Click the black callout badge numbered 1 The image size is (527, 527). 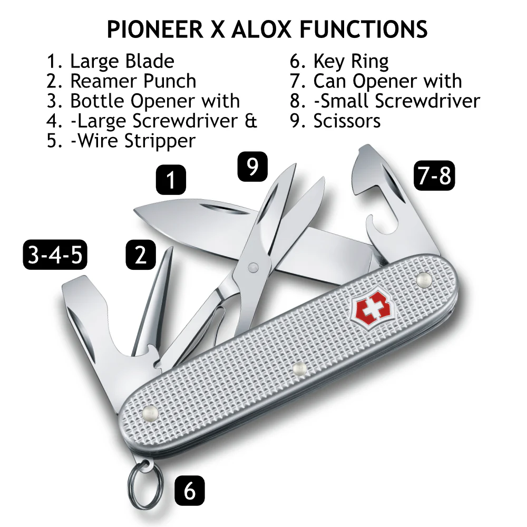[x=171, y=180]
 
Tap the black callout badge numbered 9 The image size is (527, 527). [x=252, y=167]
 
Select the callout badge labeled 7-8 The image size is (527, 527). [x=434, y=176]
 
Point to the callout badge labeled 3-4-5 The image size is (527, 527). [x=55, y=255]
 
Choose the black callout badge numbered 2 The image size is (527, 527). [x=141, y=255]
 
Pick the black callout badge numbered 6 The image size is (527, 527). [x=190, y=491]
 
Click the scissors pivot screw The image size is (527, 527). [x=253, y=268]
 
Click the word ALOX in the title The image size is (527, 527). [x=261, y=29]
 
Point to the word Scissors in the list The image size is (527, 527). [x=347, y=121]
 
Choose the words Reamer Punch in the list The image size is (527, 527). [x=133, y=81]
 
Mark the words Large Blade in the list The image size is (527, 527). [x=122, y=62]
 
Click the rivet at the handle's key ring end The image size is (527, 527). [x=150, y=413]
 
